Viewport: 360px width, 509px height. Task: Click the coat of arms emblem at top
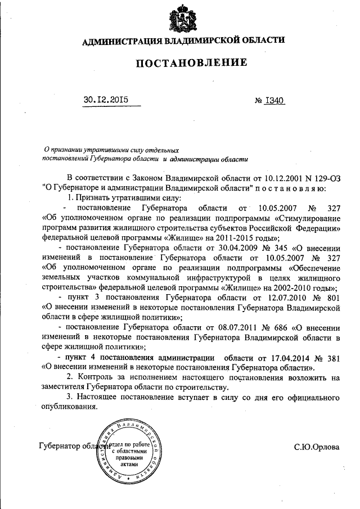point(183,19)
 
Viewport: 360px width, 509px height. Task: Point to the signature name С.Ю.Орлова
point(317,447)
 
